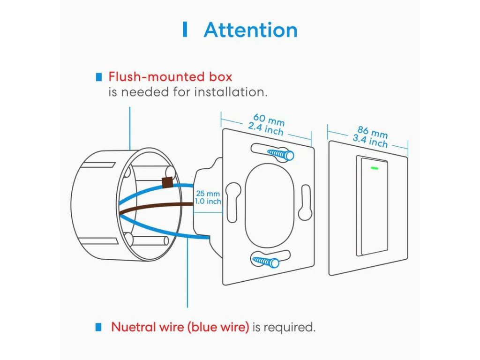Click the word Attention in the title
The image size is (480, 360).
(x=250, y=30)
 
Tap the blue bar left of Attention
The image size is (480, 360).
(x=185, y=30)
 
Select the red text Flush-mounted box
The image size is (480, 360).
(x=170, y=76)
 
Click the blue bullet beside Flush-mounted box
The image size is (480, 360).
(x=98, y=76)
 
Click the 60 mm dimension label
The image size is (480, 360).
(x=269, y=119)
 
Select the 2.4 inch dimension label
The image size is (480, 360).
(x=265, y=128)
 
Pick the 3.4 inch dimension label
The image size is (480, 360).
(x=370, y=140)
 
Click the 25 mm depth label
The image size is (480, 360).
(x=208, y=193)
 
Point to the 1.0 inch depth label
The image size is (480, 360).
(x=208, y=202)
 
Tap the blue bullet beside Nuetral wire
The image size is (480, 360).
(x=98, y=326)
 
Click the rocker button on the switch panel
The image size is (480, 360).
(x=373, y=206)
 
